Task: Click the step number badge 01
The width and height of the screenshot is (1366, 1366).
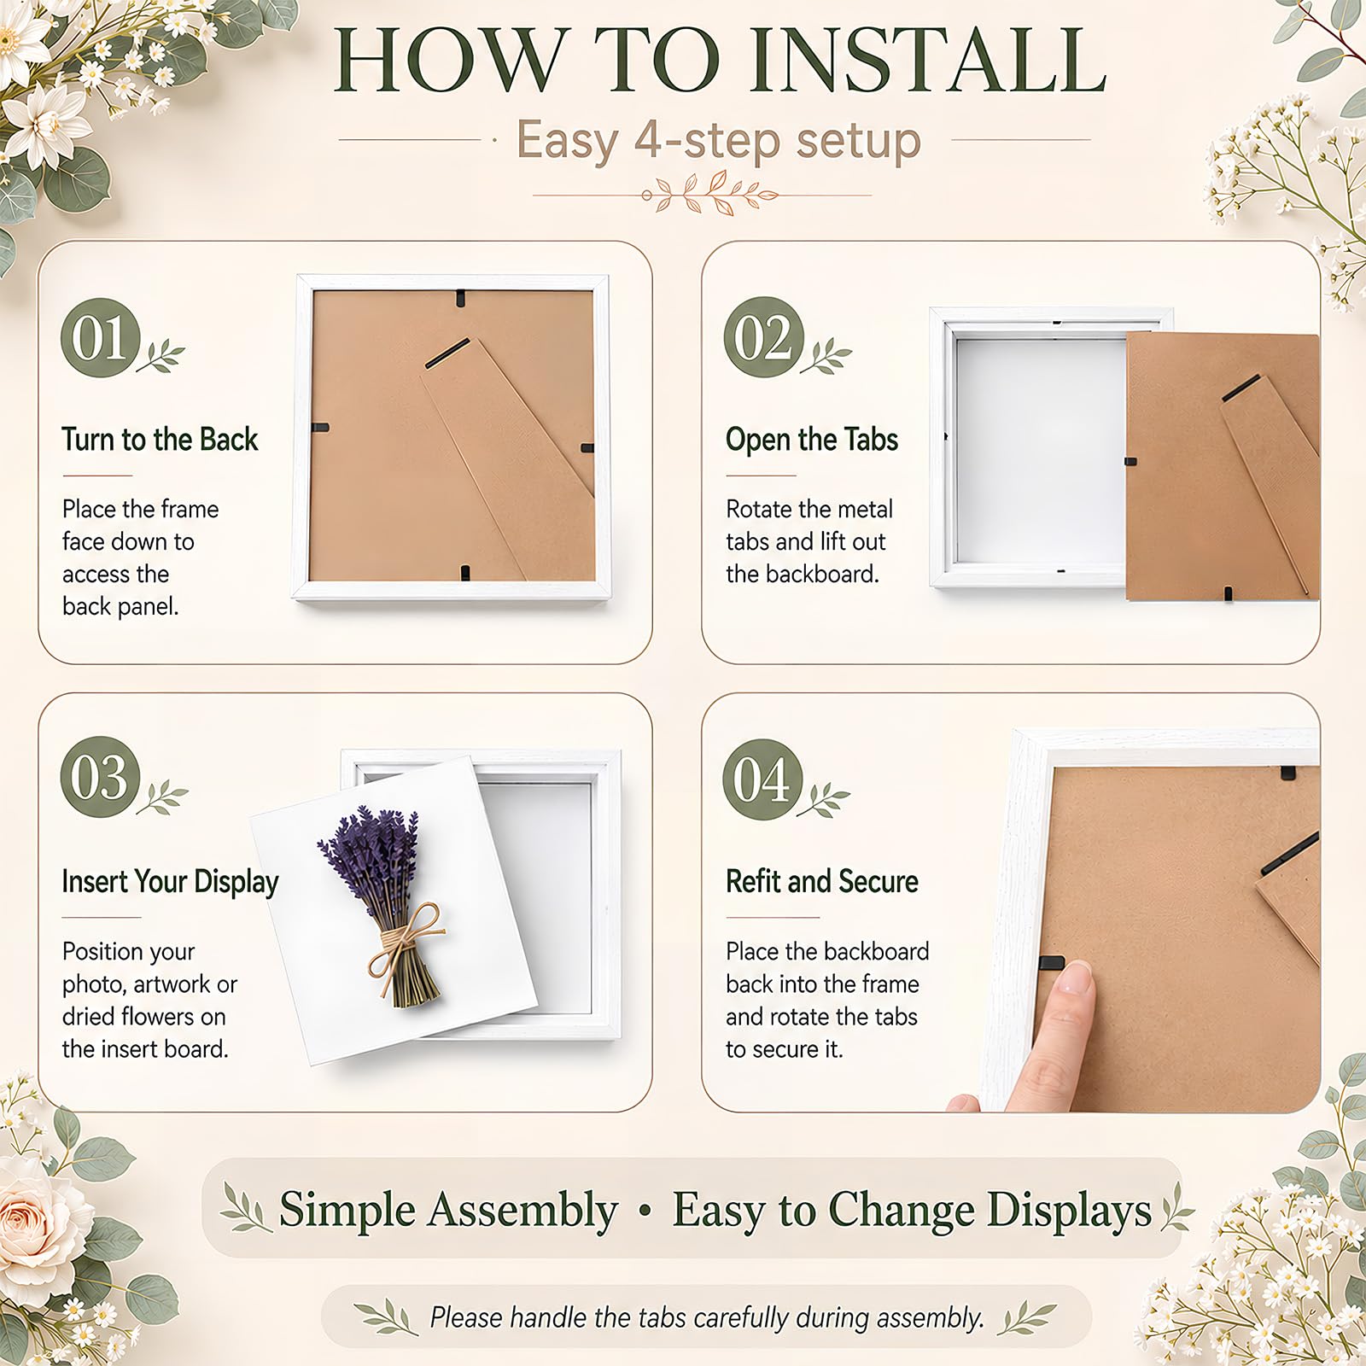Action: click(100, 338)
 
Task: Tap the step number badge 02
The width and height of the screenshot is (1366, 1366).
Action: click(763, 338)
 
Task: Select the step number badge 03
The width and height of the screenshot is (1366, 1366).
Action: click(100, 777)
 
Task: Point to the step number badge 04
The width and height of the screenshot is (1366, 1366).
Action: click(763, 779)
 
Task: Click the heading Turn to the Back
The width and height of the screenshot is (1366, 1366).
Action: click(160, 440)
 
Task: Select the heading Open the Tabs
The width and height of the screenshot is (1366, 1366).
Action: click(812, 440)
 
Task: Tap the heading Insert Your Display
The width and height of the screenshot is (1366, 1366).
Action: click(171, 882)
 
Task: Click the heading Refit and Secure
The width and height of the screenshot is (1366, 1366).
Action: click(822, 881)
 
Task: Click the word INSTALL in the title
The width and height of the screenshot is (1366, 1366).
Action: click(927, 61)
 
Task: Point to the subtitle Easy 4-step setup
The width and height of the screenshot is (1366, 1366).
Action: click(719, 140)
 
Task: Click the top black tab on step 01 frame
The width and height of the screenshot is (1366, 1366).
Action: click(461, 299)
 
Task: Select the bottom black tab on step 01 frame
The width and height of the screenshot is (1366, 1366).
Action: click(465, 573)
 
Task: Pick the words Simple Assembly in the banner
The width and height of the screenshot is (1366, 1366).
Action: click(449, 1210)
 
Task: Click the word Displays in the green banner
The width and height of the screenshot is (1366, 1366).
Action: click(1069, 1211)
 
